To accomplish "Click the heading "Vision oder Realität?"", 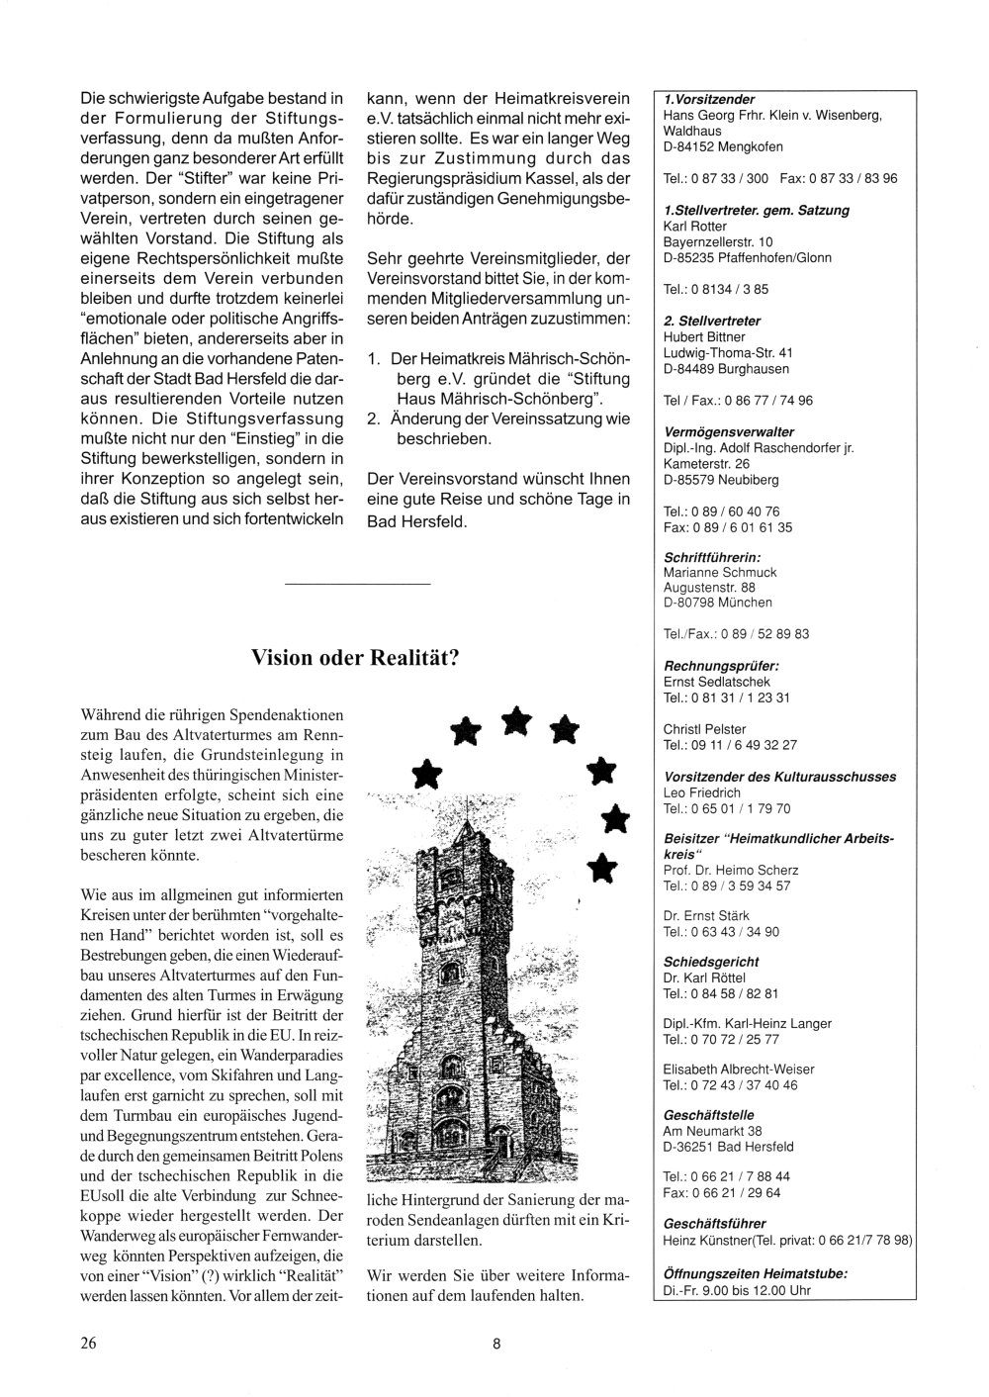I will point(354,658).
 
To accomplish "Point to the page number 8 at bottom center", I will point(496,1343).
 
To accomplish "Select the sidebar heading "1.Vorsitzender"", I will point(709,100).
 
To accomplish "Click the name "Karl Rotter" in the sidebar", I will point(695,227).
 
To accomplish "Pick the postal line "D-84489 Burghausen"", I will point(726,369).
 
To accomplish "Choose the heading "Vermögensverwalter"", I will point(729,432).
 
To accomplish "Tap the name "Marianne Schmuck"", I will point(720,572).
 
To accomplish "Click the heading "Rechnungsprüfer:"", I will point(721,666).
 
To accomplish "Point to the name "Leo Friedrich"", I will point(702,792).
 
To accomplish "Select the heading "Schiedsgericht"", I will point(711,962).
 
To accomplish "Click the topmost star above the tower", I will point(514,720).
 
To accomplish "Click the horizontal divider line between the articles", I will point(357,586).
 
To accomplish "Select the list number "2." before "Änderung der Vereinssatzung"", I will point(374,419).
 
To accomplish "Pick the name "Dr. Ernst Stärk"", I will point(706,916).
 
